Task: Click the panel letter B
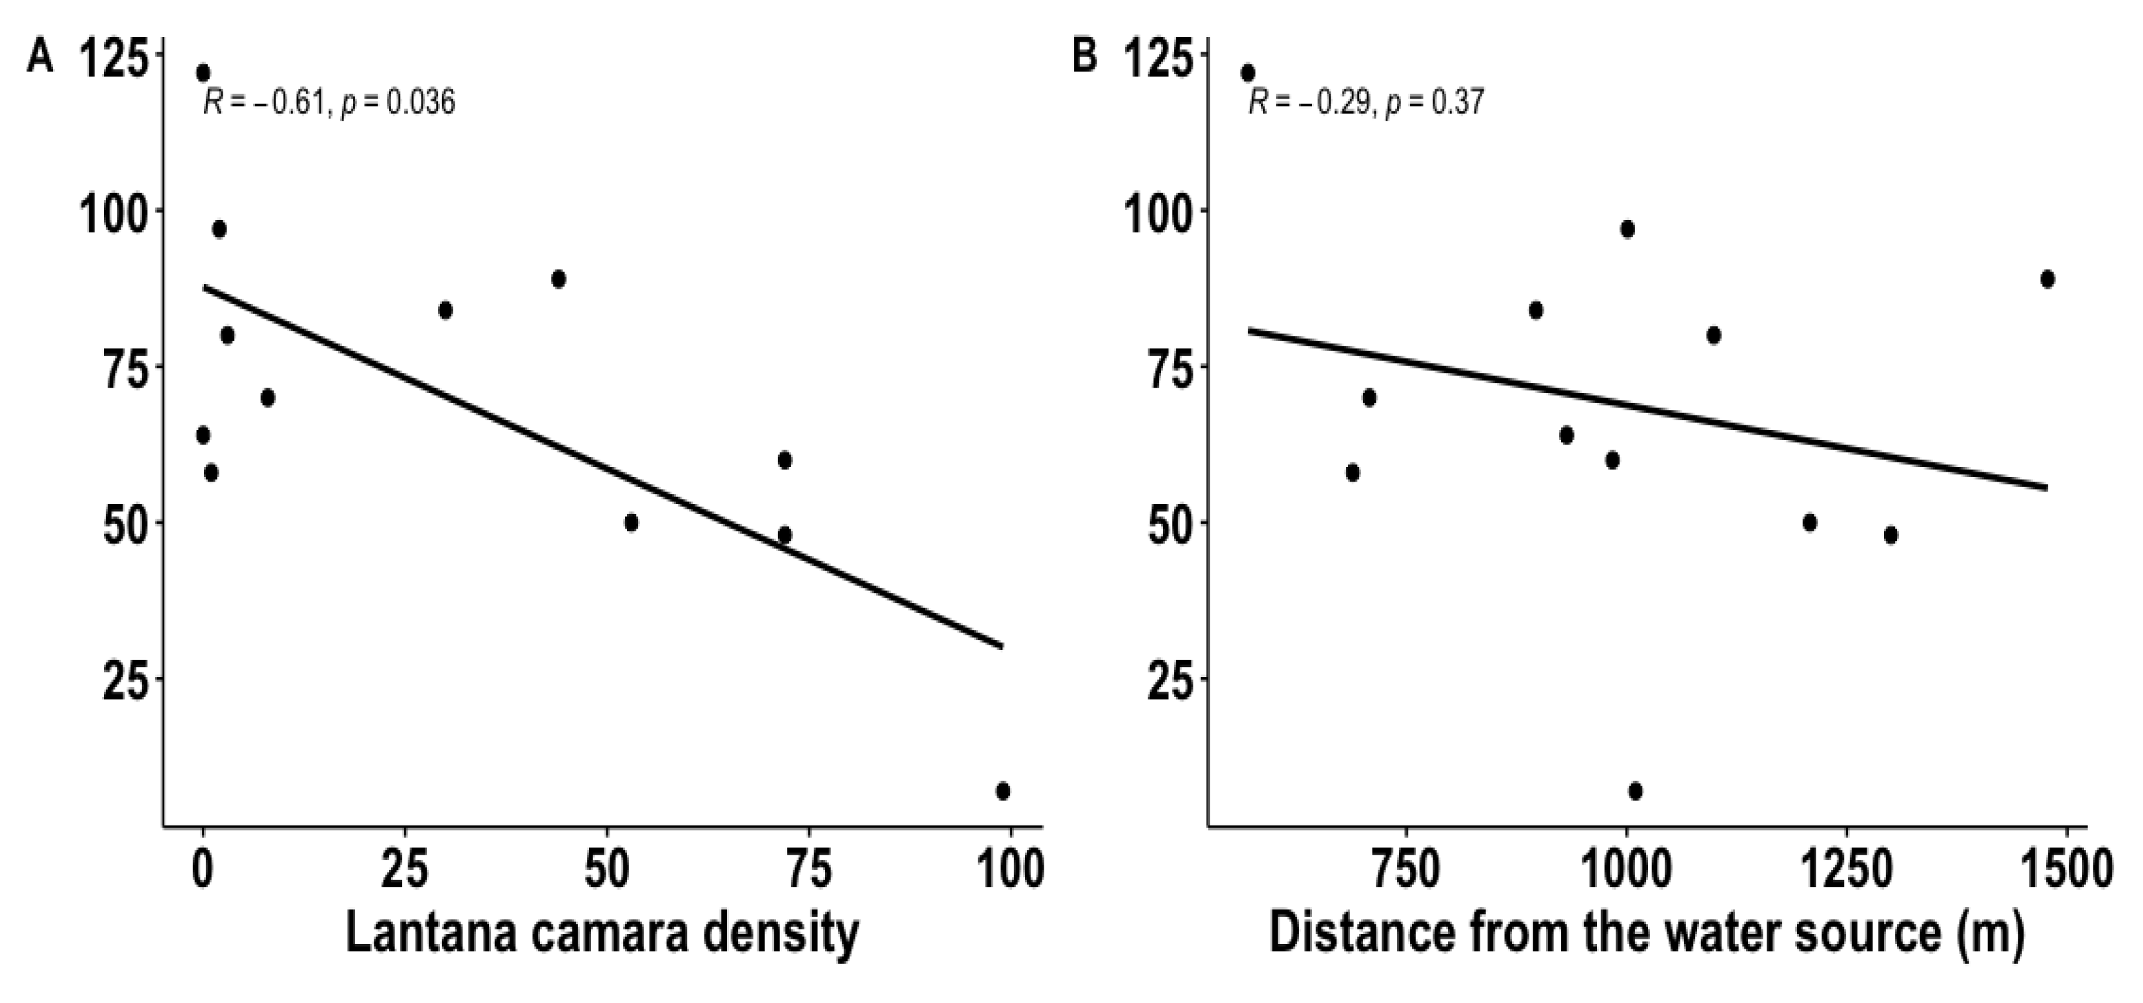pos(1085,59)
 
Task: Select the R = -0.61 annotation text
pos(329,103)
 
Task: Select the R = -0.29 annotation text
pos(1365,103)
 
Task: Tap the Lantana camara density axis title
pos(602,934)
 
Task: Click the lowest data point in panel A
pos(1003,791)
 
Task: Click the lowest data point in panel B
pos(1635,791)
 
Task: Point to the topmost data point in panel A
pos(203,73)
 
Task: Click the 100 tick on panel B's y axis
pos(1166,212)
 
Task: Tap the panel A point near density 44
pos(558,279)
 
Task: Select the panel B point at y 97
pos(1627,229)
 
